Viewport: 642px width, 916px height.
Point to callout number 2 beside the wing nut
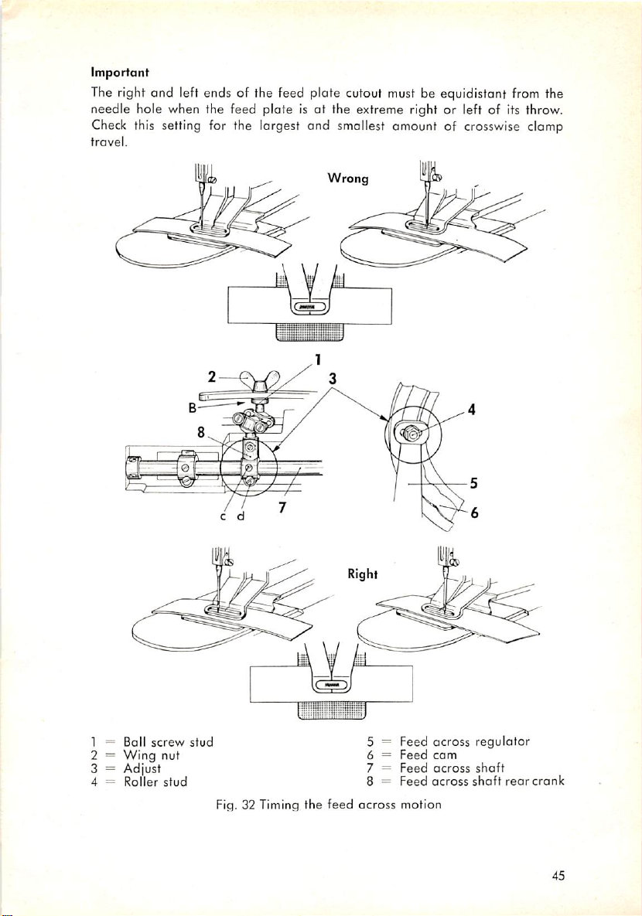[x=211, y=378]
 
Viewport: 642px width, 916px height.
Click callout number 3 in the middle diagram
[x=332, y=379]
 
